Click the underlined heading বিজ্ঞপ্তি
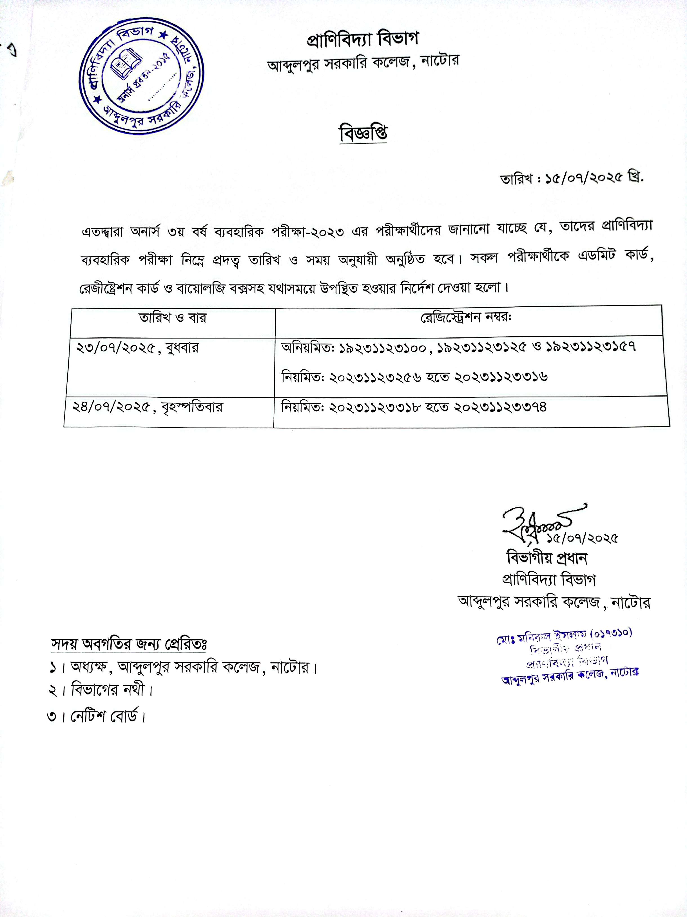click(x=363, y=133)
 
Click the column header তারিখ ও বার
click(x=172, y=318)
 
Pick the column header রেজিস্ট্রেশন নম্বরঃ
click(x=466, y=318)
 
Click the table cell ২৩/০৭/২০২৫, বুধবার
click(x=138, y=348)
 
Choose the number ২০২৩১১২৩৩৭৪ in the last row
click(x=500, y=407)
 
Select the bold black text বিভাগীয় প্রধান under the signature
click(x=547, y=558)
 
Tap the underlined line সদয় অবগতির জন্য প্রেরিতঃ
click(x=129, y=644)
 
